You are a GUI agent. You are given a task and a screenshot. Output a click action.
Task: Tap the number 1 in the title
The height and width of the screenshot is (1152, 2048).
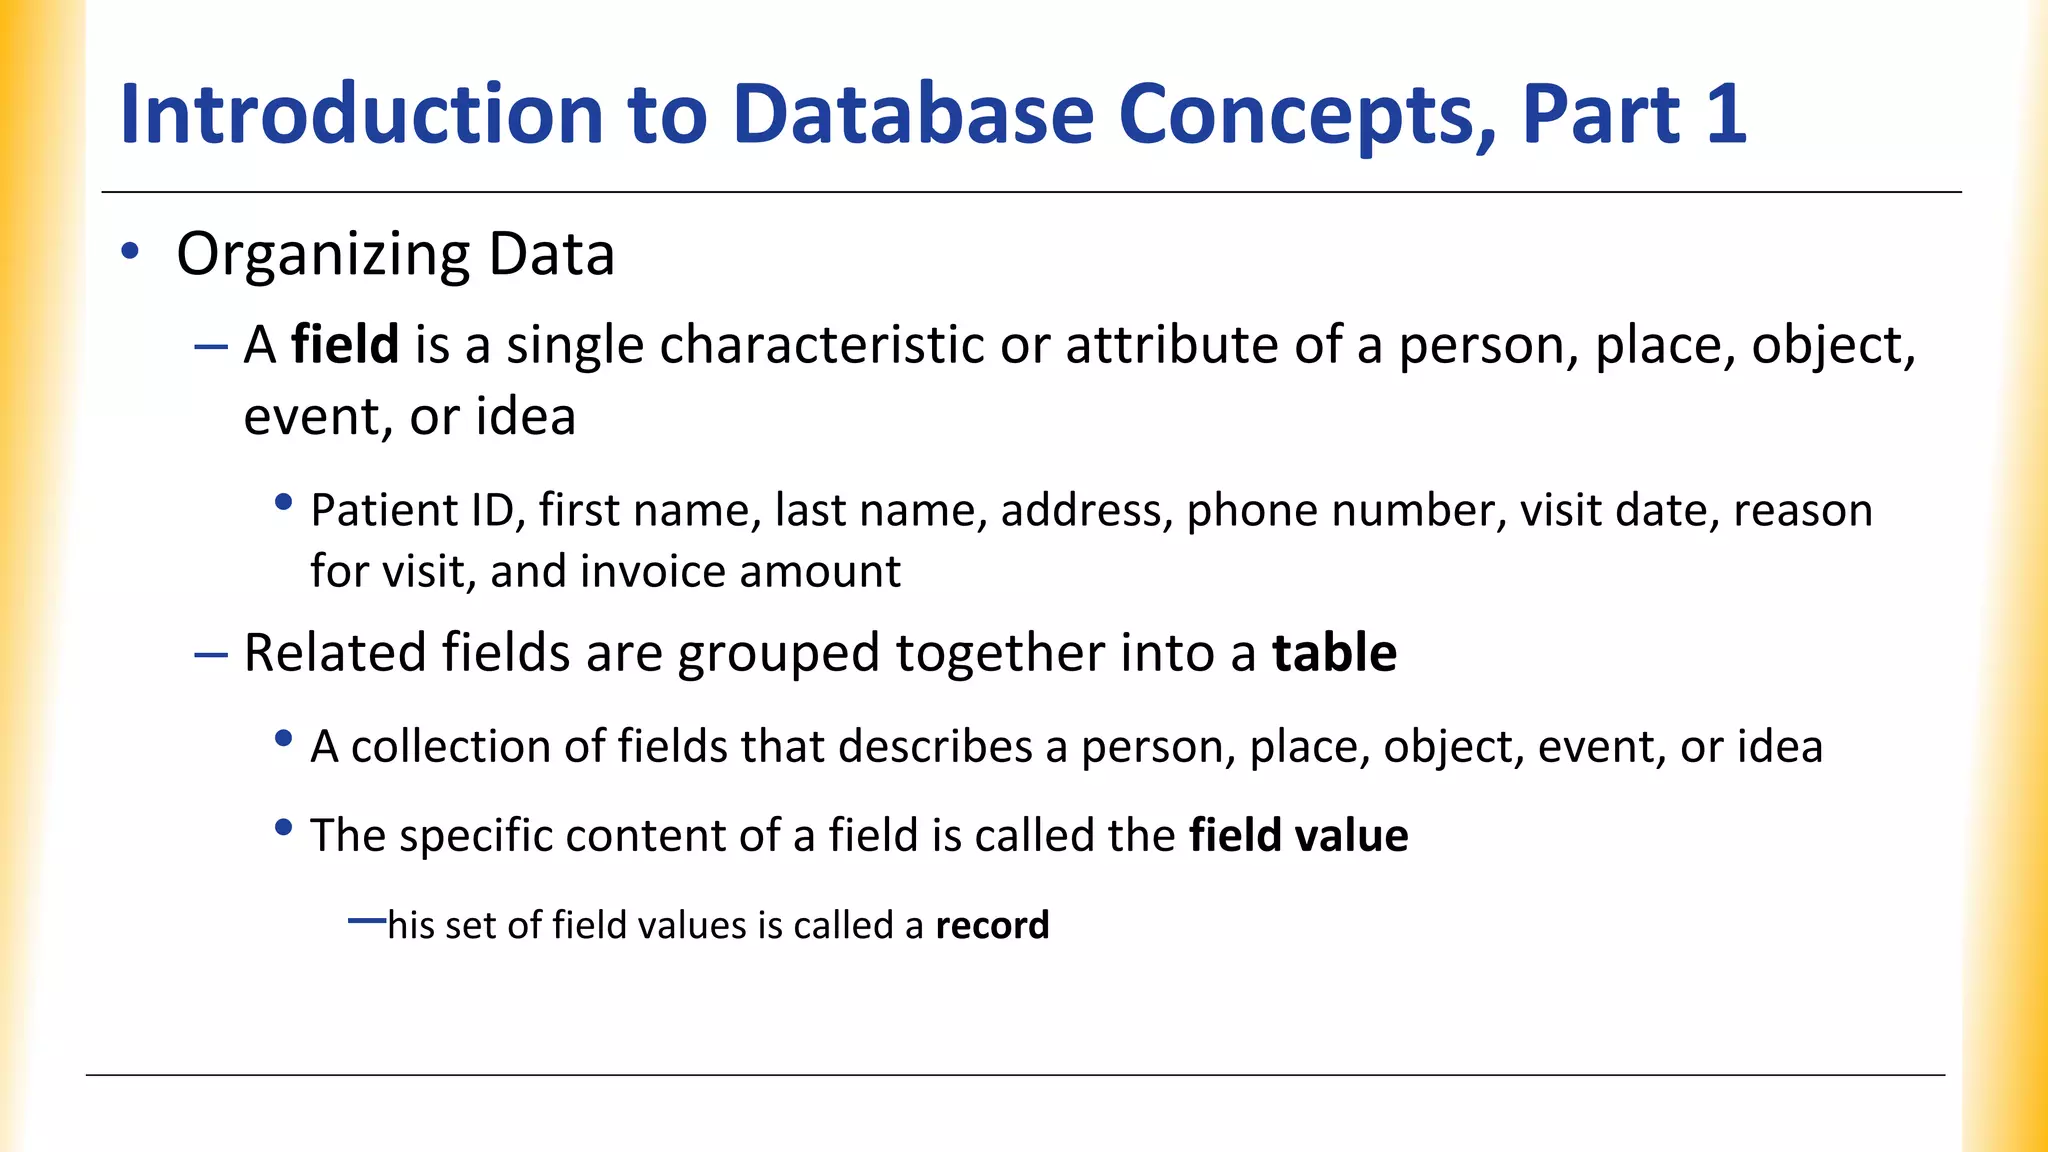click(x=1725, y=114)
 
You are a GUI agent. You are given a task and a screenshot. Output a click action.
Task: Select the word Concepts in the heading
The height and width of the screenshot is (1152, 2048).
click(x=1307, y=116)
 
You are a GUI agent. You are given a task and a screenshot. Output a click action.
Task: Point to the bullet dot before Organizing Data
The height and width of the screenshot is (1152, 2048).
click(x=129, y=251)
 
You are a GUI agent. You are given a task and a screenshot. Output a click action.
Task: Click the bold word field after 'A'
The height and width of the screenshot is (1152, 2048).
click(x=345, y=345)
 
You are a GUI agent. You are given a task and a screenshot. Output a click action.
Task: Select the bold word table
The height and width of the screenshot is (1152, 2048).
click(x=1334, y=653)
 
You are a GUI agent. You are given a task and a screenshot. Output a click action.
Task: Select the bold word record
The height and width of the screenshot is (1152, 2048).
click(x=992, y=925)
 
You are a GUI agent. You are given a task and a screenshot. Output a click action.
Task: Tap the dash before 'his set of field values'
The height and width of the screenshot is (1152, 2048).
click(x=366, y=920)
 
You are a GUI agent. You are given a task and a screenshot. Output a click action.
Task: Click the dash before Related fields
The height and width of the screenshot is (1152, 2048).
click(x=211, y=655)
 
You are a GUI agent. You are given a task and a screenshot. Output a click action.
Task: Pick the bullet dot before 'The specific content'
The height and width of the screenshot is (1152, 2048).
click(x=284, y=828)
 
